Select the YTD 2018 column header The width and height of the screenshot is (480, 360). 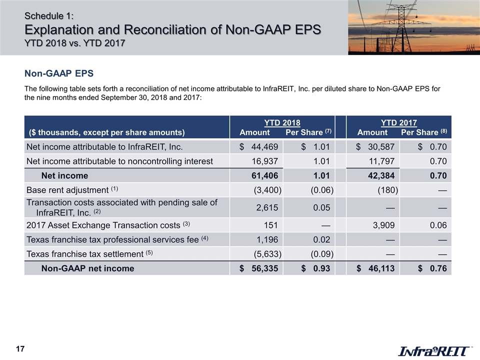click(282, 122)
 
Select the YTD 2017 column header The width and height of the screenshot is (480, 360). click(399, 122)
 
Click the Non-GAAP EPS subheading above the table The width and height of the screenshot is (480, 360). click(59, 74)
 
